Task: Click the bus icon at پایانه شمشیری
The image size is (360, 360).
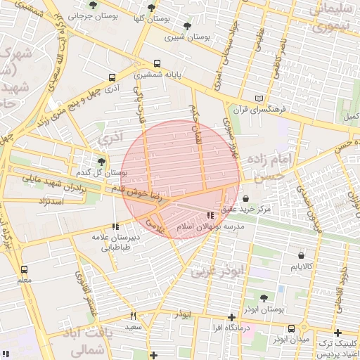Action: [x=156, y=64]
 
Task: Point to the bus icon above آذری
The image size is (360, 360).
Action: [x=112, y=78]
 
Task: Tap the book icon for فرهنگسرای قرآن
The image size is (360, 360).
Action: [x=260, y=100]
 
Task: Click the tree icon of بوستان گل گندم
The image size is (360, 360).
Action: [x=101, y=162]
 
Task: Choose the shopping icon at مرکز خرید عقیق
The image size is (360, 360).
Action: [x=245, y=199]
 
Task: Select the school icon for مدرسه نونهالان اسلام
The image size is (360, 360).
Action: [x=209, y=216]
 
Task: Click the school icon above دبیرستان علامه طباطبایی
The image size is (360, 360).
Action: [x=115, y=226]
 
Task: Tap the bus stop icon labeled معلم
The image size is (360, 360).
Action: [x=25, y=269]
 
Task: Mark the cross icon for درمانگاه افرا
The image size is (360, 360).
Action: [x=232, y=317]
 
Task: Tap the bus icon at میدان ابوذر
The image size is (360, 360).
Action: [x=291, y=328]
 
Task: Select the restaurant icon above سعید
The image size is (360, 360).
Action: [x=134, y=316]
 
